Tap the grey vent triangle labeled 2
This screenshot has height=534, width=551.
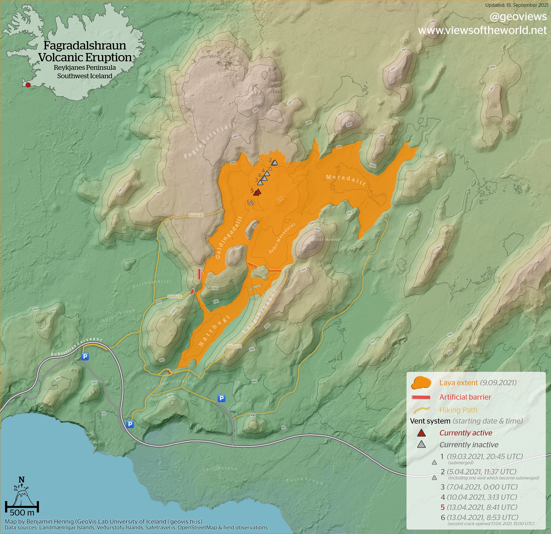[x=275, y=162]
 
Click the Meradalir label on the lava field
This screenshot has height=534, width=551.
[x=346, y=180]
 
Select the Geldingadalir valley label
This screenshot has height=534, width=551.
[x=229, y=237]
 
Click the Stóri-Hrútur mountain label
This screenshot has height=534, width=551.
[x=326, y=239]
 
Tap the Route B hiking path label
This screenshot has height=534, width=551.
[x=195, y=215]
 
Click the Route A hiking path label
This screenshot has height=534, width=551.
[x=174, y=297]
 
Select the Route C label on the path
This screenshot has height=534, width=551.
[x=234, y=346]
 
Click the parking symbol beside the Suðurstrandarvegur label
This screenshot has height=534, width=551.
[x=85, y=356]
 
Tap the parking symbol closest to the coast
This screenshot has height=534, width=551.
[x=130, y=424]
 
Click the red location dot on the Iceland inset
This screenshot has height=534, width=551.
[x=28, y=85]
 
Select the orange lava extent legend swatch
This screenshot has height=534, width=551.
[x=421, y=383]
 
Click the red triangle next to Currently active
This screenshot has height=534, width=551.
[x=422, y=433]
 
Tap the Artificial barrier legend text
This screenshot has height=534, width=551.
[x=465, y=397]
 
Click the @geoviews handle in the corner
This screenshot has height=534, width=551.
[x=518, y=17]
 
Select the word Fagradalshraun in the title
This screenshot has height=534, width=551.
[x=85, y=46]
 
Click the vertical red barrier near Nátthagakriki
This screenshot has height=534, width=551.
[x=199, y=274]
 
